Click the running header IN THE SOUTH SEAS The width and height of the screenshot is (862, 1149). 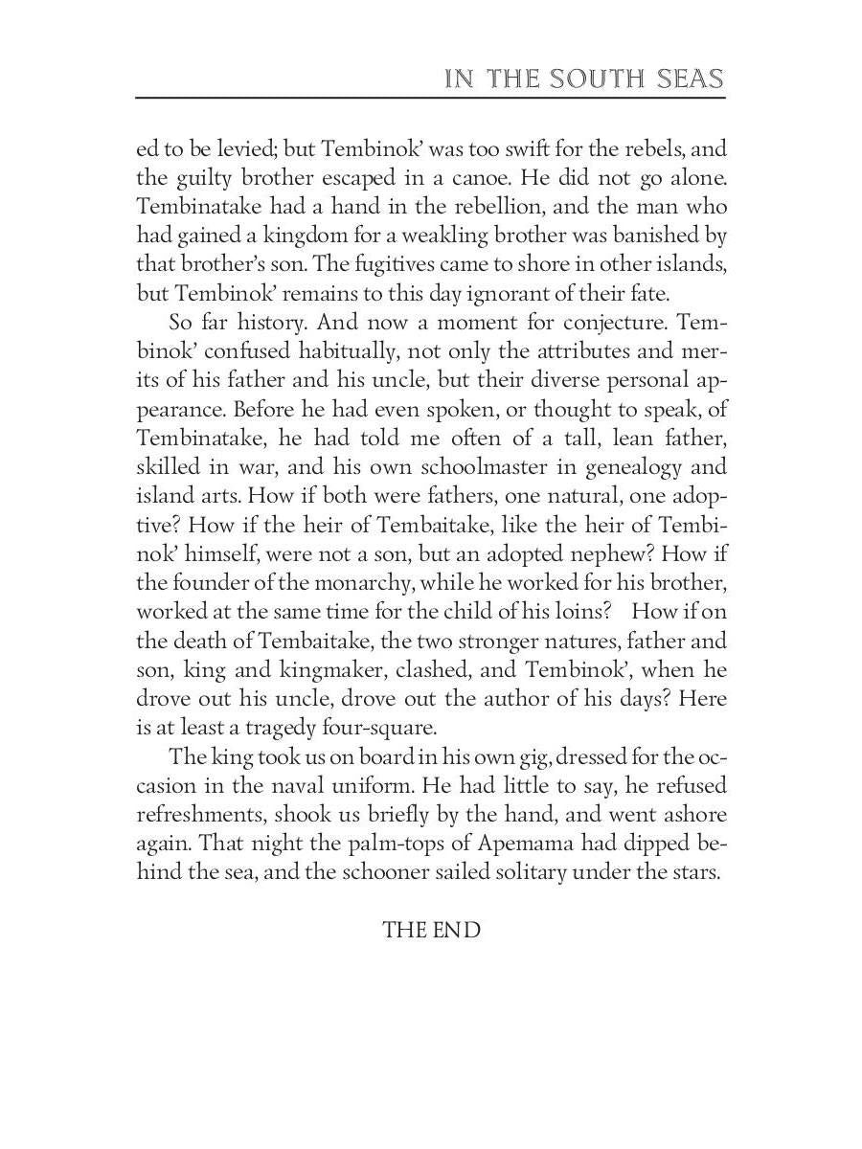[x=584, y=79]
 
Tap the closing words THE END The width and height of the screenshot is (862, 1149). [x=431, y=930]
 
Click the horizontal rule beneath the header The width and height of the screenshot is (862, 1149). [x=431, y=98]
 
